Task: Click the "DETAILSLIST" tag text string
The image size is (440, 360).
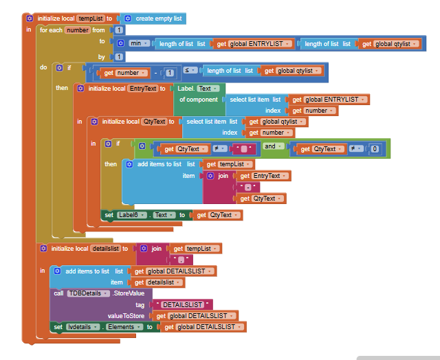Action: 183,304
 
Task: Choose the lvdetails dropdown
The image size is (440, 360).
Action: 81,327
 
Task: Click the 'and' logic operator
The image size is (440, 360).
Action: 270,146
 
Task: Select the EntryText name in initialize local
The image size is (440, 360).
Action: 143,89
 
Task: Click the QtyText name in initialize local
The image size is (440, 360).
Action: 153,122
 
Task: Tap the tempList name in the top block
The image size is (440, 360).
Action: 89,18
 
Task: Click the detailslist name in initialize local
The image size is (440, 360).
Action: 105,248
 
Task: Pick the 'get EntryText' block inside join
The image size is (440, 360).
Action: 263,176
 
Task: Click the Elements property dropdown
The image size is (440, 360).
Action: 123,327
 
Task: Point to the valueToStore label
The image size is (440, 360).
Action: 129,315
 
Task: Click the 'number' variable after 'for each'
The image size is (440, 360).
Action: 78,30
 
